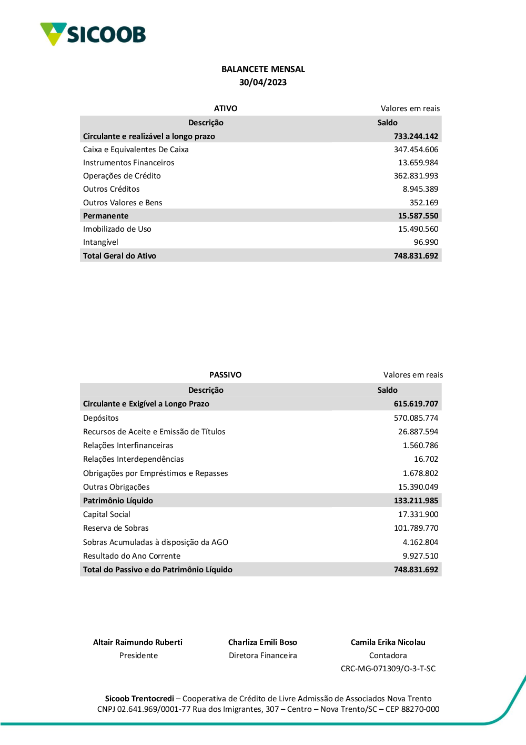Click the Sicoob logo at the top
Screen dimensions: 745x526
pos(93,34)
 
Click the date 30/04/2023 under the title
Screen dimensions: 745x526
pos(263,82)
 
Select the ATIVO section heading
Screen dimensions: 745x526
pos(226,108)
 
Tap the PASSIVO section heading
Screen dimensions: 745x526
pos(225,375)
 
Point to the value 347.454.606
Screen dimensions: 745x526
pos(416,150)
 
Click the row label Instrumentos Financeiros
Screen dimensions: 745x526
pos(128,163)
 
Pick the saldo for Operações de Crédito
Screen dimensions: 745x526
pos(416,176)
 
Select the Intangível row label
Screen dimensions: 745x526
pos(100,242)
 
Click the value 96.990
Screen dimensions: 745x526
pos(426,242)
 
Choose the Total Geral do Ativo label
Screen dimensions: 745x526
pos(119,256)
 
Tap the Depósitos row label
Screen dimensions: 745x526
pos(101,418)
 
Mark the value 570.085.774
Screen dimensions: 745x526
pos(416,418)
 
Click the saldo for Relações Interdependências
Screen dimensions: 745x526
pos(426,459)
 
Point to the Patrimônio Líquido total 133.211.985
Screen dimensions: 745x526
pos(416,501)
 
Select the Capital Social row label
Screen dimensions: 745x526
pos(107,514)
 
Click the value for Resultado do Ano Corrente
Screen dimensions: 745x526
pos(420,556)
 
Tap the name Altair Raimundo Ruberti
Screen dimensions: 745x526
pos(138,642)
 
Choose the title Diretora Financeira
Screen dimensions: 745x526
pos(263,655)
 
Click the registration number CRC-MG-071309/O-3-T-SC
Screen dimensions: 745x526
pos(388,669)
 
